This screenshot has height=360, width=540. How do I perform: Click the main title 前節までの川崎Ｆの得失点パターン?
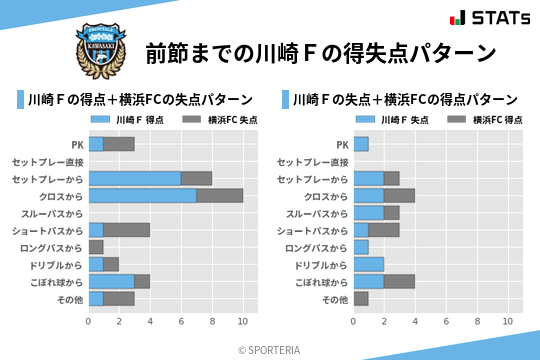pos(321,52)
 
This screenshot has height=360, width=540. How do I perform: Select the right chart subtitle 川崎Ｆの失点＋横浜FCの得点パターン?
pos(404,100)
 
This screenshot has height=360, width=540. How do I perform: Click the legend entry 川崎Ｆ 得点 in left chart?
pos(127,120)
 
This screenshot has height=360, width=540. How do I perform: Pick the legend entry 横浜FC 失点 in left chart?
pos(217,120)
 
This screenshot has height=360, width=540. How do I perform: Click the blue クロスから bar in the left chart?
pos(142,196)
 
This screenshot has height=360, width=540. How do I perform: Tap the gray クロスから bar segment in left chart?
pos(219,196)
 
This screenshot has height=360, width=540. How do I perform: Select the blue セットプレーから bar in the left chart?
pos(134,178)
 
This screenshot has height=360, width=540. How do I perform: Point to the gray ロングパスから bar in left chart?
pos(96,247)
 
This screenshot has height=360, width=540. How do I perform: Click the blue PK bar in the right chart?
pos(360,144)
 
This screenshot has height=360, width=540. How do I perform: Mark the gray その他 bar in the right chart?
pos(360,298)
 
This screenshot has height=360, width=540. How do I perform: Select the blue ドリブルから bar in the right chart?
pos(368,264)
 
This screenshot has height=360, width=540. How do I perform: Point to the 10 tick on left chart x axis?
pos(242,322)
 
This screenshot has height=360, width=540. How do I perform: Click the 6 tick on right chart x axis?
pos(445,322)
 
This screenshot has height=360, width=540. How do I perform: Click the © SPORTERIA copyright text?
pos(269,349)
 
